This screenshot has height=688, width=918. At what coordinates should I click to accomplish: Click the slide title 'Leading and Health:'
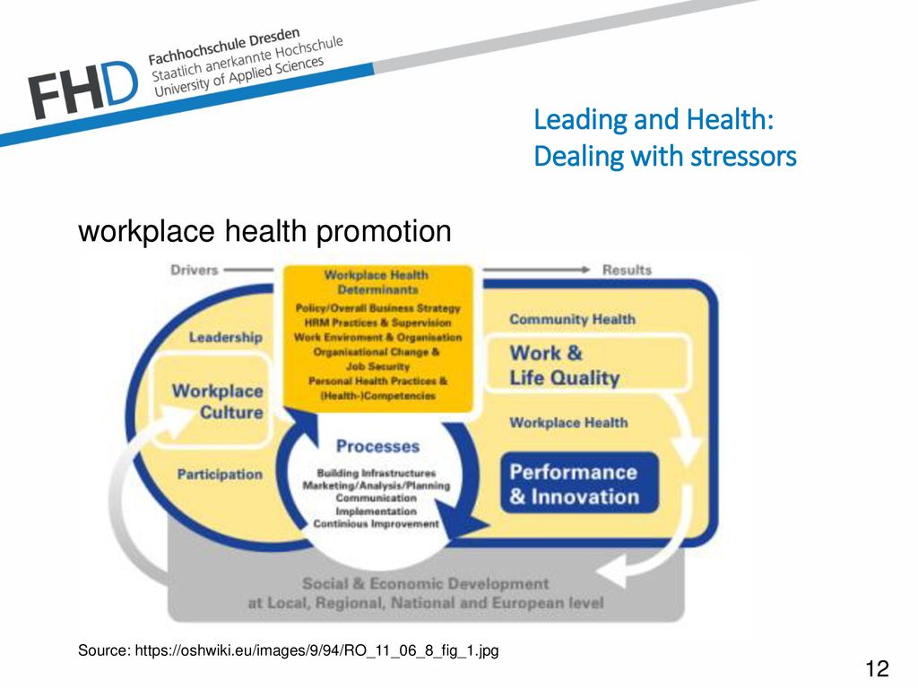654,119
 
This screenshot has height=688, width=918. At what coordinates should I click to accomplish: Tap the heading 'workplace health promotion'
264,231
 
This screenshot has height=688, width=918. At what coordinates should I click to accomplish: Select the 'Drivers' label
194,270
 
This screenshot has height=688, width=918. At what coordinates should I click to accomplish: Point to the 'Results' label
627,270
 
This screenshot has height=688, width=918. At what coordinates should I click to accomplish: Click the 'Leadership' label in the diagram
225,337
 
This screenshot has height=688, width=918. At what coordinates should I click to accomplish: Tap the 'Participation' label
220,474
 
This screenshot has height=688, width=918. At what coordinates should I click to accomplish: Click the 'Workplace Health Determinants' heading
377,282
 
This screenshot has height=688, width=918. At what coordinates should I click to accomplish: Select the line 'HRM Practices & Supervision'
377,322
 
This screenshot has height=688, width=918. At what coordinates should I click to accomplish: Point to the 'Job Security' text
377,366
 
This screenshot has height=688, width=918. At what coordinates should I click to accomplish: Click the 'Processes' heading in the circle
377,446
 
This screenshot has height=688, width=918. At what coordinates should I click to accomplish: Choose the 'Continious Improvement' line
376,523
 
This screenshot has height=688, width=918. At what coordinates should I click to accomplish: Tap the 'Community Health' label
572,320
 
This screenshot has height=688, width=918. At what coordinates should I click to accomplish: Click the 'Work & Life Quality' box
588,364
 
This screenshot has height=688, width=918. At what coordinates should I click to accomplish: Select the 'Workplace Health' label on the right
568,423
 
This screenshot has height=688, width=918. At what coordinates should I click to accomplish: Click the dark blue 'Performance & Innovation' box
579,483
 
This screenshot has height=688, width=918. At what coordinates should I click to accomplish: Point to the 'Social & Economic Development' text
426,583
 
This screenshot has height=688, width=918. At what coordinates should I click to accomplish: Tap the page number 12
877,668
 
